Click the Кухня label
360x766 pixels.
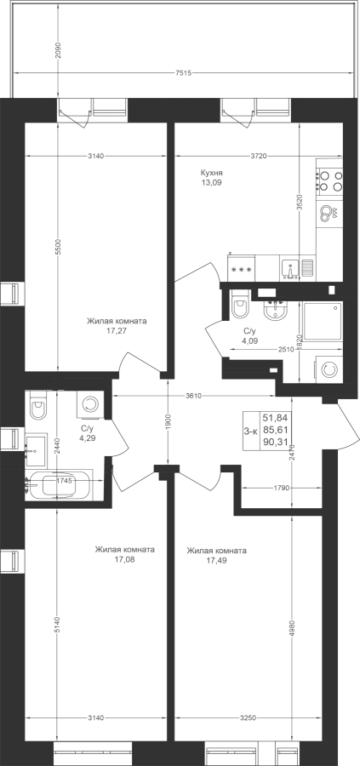[x=212, y=173]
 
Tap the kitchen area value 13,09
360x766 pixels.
[x=212, y=183]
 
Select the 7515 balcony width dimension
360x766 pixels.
[x=183, y=73]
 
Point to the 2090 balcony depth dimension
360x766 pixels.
[x=59, y=50]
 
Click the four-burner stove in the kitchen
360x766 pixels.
[x=329, y=180]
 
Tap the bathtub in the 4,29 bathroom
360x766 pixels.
[x=59, y=485]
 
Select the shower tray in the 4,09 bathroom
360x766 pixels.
[x=323, y=322]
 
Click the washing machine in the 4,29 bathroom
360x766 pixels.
[x=90, y=404]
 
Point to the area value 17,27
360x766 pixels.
[x=117, y=331]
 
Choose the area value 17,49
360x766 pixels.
[x=216, y=560]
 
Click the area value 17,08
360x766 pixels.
[x=124, y=559]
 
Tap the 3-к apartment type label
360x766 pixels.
[x=251, y=431]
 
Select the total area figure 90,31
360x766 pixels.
[x=276, y=443]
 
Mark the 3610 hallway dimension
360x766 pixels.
[x=193, y=395]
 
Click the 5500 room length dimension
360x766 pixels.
[x=59, y=247]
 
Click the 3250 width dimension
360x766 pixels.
[x=249, y=717]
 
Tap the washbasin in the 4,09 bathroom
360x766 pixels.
[x=276, y=309]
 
